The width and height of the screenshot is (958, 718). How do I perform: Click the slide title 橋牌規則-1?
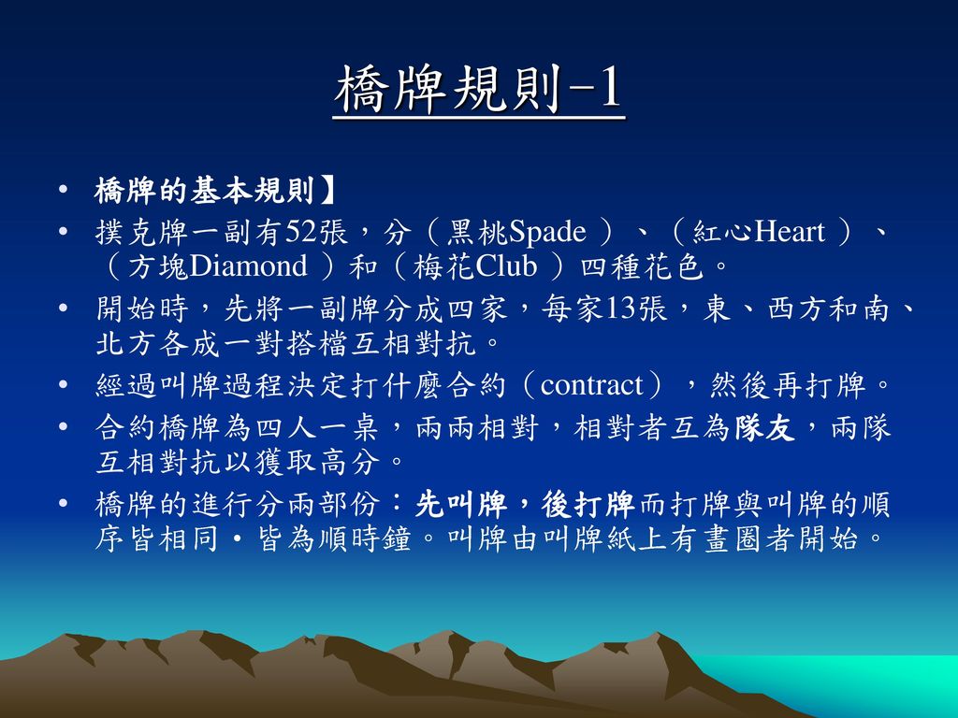tap(479, 90)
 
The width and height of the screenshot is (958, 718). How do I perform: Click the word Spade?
tap(546, 232)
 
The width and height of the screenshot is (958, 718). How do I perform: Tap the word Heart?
tap(790, 232)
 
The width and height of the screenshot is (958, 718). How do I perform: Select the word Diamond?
tap(248, 266)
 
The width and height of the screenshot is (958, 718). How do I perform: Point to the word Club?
tap(506, 266)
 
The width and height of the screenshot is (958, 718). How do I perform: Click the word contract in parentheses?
tap(591, 385)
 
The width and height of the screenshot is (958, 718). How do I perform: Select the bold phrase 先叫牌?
tap(460, 505)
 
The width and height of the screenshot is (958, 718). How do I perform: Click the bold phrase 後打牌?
tap(588, 505)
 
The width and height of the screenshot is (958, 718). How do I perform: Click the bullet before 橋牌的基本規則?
tap(63, 190)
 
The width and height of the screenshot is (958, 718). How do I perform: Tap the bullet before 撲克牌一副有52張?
tap(63, 232)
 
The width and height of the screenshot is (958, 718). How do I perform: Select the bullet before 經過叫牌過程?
tap(63, 384)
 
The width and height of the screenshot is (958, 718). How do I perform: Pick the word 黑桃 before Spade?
tap(477, 232)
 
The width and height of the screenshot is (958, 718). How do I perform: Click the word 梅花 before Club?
tap(443, 266)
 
